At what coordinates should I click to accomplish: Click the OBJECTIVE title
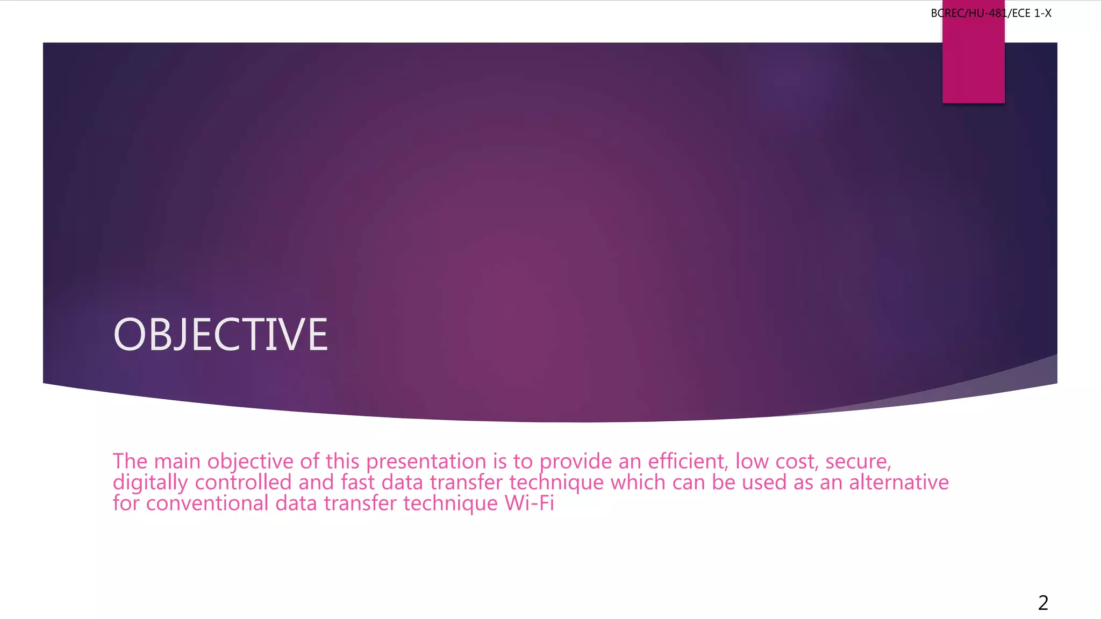[x=220, y=335]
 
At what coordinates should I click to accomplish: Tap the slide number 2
[x=1043, y=603]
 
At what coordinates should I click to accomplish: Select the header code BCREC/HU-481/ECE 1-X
[x=991, y=13]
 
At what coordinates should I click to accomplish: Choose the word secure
[x=858, y=462]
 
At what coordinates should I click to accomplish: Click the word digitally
[x=150, y=483]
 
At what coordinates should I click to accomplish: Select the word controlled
[x=243, y=483]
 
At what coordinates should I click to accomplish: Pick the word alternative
[x=899, y=483]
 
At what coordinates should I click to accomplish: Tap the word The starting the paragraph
[x=130, y=462]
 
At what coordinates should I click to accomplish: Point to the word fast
[x=358, y=483]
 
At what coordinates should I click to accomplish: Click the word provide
[x=575, y=462]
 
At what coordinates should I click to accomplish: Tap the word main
[x=177, y=462]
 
